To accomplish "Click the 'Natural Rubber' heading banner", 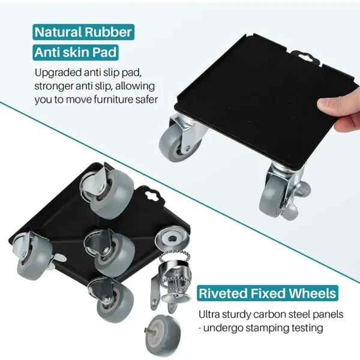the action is [83, 32].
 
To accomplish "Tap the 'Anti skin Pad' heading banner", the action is [76, 52].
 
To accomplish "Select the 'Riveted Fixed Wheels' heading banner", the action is [268, 293].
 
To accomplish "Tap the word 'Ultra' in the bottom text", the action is [208, 314].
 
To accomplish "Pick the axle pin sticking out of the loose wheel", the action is [146, 331].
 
